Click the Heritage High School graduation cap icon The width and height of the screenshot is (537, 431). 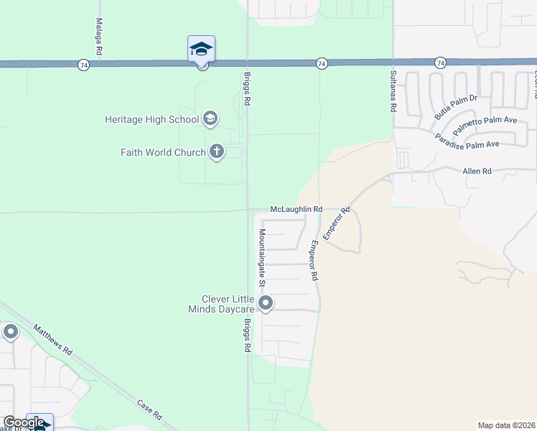(x=210, y=119)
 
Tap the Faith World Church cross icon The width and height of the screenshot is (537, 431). (x=217, y=152)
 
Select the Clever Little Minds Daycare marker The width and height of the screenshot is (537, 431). (x=266, y=304)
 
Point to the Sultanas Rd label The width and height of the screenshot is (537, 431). (x=393, y=91)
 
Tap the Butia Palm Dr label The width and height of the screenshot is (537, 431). (x=455, y=107)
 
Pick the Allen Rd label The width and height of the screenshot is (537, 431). (x=477, y=171)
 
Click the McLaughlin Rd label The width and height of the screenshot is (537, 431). (x=296, y=208)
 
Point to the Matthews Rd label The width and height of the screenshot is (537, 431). (x=53, y=341)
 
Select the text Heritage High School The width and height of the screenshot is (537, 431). (x=151, y=119)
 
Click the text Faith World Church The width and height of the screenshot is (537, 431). (x=163, y=152)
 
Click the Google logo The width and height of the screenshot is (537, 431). (x=24, y=422)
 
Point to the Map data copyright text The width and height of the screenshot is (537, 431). (x=506, y=425)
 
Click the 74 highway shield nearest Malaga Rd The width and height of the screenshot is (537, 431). (x=85, y=65)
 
